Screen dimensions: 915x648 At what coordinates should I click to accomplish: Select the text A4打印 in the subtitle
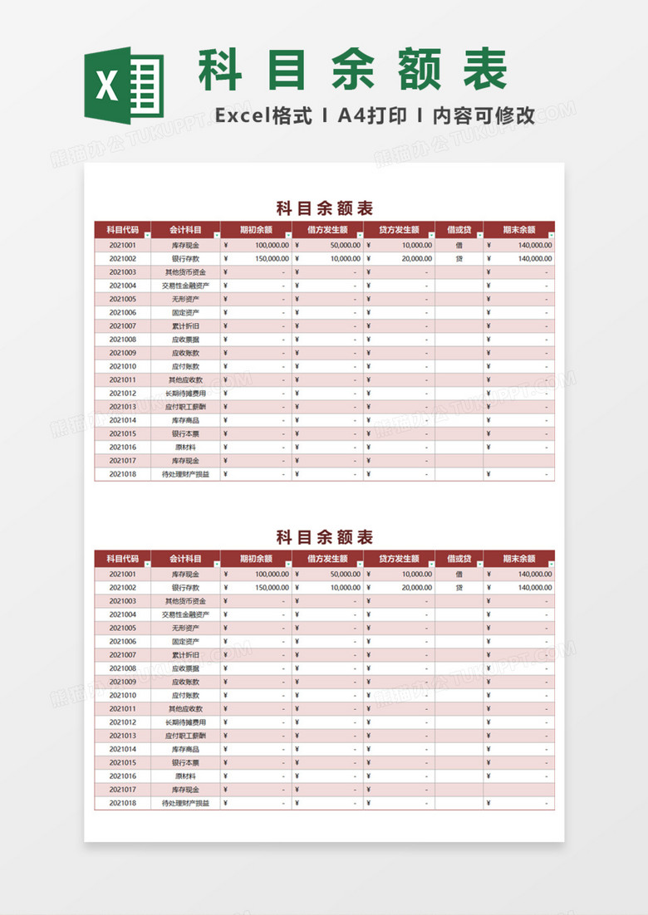pyautogui.click(x=371, y=115)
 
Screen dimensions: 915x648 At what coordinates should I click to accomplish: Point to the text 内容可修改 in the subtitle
pyautogui.click(x=484, y=115)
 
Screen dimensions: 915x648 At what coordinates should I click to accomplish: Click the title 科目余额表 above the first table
pyautogui.click(x=324, y=208)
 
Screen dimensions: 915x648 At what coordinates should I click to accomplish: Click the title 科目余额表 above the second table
pyautogui.click(x=324, y=536)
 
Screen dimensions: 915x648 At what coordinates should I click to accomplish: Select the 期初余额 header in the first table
pyautogui.click(x=255, y=230)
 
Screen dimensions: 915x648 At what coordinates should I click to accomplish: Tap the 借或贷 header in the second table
pyautogui.click(x=459, y=559)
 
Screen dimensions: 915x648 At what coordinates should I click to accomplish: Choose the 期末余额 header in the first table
pyautogui.click(x=518, y=230)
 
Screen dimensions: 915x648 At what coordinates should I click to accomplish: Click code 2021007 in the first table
pyautogui.click(x=122, y=326)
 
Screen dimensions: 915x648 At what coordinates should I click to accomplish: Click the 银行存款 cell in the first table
pyautogui.click(x=185, y=259)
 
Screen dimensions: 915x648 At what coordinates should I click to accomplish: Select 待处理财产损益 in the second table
pyautogui.click(x=185, y=803)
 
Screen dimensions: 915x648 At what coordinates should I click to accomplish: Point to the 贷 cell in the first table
pyautogui.click(x=459, y=259)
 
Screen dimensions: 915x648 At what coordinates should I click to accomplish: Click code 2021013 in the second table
pyautogui.click(x=122, y=736)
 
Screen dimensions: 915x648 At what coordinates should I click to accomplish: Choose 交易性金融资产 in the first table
pyautogui.click(x=185, y=286)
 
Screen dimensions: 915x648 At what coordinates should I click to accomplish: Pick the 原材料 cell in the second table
pyautogui.click(x=185, y=776)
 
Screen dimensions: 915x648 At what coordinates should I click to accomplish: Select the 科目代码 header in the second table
pyautogui.click(x=122, y=559)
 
